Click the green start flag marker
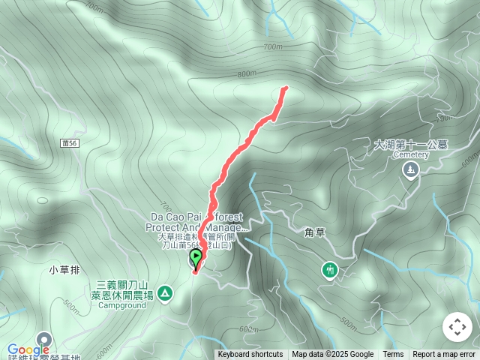(x=196, y=259)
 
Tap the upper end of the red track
(x=285, y=88)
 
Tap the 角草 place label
(x=315, y=233)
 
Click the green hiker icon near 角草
(x=329, y=268)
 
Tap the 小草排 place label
(x=63, y=269)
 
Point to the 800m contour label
(x=247, y=74)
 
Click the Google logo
(x=28, y=349)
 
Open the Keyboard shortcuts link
(x=250, y=355)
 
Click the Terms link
(x=393, y=355)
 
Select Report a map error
(x=445, y=355)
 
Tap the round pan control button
(x=457, y=327)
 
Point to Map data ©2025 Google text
(x=333, y=355)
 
